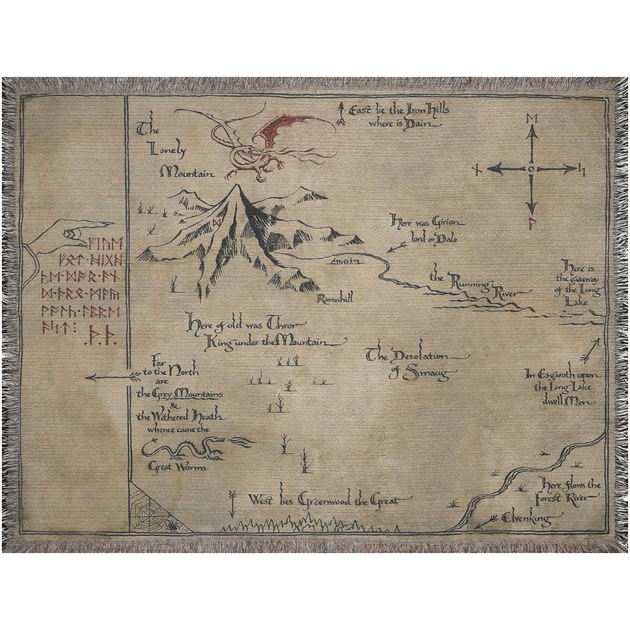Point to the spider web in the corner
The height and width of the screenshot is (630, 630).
pyautogui.click(x=148, y=507)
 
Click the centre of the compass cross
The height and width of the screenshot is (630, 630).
pyautogui.click(x=531, y=168)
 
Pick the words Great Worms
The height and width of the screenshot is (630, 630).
pyautogui.click(x=178, y=467)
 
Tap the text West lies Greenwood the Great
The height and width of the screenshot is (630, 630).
pyautogui.click(x=323, y=501)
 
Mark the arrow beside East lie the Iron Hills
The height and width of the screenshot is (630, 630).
pyautogui.click(x=340, y=116)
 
